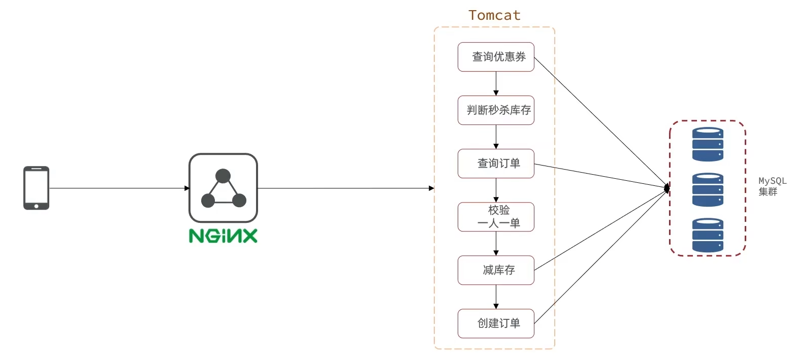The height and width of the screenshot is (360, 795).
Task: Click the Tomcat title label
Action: (494, 15)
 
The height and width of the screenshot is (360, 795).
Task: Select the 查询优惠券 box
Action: (496, 57)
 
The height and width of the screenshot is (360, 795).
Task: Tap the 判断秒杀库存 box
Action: (496, 110)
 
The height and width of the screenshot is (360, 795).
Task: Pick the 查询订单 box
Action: (496, 163)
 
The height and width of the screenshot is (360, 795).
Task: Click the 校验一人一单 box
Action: (496, 217)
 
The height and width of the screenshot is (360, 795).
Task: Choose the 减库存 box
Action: (496, 270)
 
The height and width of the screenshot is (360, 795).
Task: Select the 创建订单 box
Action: (496, 323)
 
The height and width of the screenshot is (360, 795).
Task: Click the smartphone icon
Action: (36, 188)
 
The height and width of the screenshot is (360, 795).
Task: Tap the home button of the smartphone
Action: (36, 206)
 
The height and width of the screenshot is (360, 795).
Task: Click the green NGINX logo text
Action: (223, 236)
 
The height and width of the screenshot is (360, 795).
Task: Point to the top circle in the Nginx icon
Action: (222, 176)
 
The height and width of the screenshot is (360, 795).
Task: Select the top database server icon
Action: (708, 144)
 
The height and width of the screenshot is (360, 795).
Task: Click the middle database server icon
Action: (708, 189)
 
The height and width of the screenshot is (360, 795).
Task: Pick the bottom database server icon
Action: (708, 235)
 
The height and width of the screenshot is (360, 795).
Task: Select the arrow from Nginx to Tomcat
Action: (345, 188)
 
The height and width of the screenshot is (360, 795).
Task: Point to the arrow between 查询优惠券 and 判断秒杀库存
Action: (496, 84)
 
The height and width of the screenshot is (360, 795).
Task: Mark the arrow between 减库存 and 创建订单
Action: (496, 297)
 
